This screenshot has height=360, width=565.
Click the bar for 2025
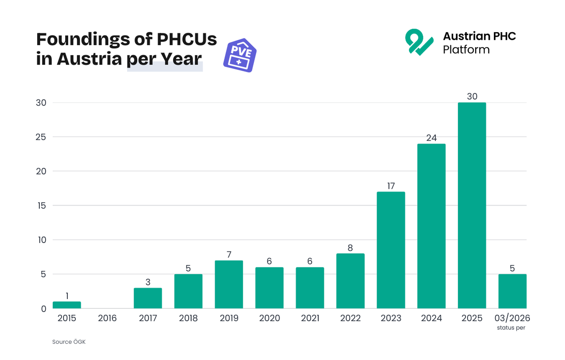pyautogui.click(x=472, y=206)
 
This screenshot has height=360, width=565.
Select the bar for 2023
pyautogui.click(x=391, y=250)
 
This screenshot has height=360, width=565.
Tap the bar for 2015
pyautogui.click(x=67, y=305)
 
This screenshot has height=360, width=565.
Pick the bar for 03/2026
pyautogui.click(x=512, y=291)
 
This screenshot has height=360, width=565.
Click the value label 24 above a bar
pyautogui.click(x=431, y=138)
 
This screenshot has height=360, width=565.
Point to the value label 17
pyautogui.click(x=391, y=186)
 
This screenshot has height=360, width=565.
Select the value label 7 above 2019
pyautogui.click(x=229, y=255)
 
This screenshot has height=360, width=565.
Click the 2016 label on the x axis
pyautogui.click(x=107, y=319)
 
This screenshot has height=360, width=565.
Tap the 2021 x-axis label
pyautogui.click(x=310, y=319)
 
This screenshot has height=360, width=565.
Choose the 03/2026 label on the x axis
pyautogui.click(x=512, y=318)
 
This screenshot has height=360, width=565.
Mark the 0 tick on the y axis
pyautogui.click(x=43, y=309)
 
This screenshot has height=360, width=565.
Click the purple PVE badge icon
pyautogui.click(x=240, y=57)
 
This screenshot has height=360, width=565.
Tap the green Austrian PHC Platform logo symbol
pyautogui.click(x=419, y=42)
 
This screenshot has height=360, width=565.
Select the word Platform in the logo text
pyautogui.click(x=466, y=50)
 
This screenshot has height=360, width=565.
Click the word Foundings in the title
pyautogui.click(x=83, y=39)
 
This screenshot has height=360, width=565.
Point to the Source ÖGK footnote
pyautogui.click(x=69, y=342)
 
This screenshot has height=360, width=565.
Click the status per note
pyautogui.click(x=511, y=328)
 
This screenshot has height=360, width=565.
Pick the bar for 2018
pyautogui.click(x=188, y=291)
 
